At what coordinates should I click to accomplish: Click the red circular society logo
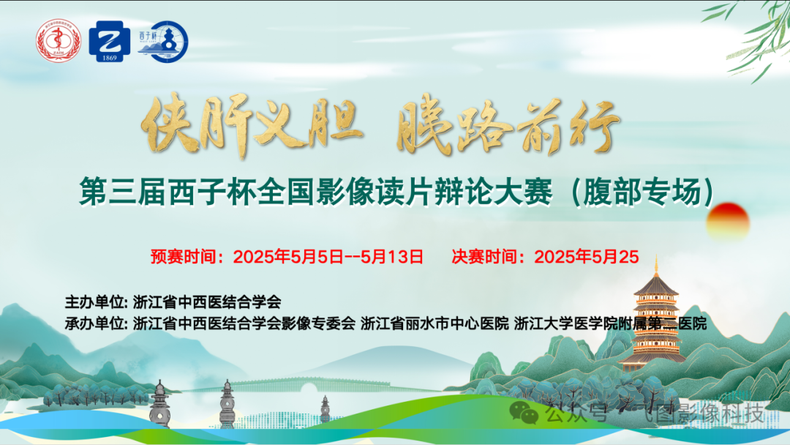point(59,41)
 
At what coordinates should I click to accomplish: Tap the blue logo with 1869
point(110,41)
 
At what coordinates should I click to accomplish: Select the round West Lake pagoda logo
point(164,41)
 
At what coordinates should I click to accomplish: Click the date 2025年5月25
point(587,257)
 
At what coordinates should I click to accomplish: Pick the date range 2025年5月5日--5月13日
point(328,257)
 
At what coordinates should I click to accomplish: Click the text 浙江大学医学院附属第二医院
point(612,323)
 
